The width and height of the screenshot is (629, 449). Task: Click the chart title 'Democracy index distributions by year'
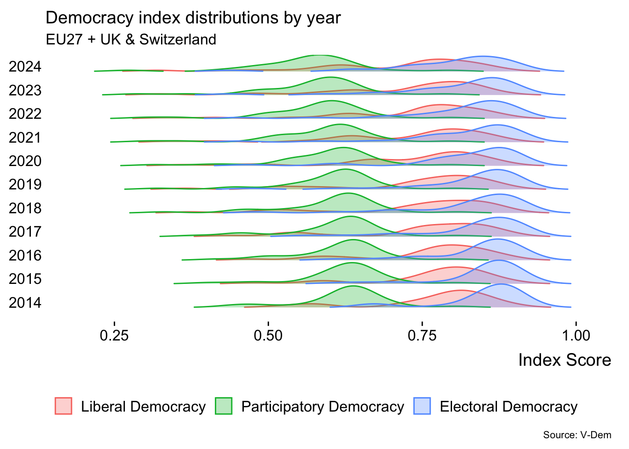(x=193, y=18)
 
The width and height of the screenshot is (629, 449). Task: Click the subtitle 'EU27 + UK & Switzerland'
(x=131, y=39)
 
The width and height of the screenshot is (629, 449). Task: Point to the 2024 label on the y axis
(x=25, y=67)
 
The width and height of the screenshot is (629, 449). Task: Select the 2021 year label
(x=25, y=138)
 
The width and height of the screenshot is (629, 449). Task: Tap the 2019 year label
(x=25, y=184)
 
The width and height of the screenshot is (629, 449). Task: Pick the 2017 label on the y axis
(x=25, y=232)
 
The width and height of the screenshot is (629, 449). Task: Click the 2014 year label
(x=25, y=303)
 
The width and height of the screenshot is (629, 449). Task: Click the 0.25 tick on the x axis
(x=114, y=335)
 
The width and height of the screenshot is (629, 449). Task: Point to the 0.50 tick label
(x=268, y=335)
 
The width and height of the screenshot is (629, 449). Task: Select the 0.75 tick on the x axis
(x=422, y=335)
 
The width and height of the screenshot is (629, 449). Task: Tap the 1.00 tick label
(x=576, y=335)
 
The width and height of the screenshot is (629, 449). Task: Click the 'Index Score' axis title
(x=564, y=360)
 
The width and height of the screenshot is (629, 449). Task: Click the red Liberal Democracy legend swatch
(x=64, y=406)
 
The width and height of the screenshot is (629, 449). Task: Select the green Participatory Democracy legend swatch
(x=224, y=406)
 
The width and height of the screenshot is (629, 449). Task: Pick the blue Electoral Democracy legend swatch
(x=422, y=406)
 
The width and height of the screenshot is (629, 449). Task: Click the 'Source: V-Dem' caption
(x=577, y=435)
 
